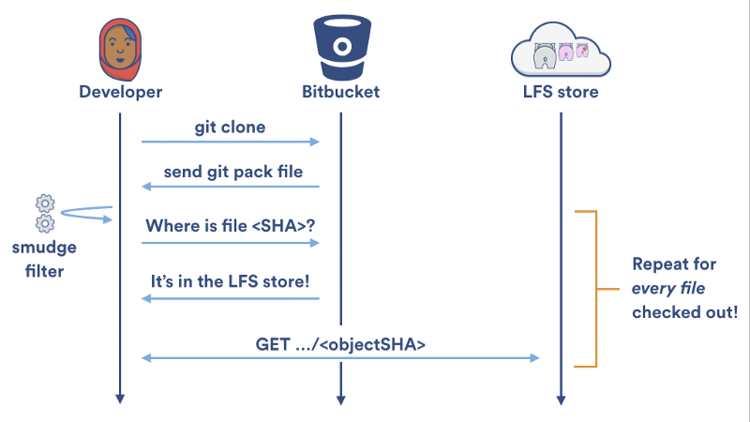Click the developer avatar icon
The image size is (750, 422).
click(x=120, y=48)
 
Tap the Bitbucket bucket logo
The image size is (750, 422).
click(x=339, y=47)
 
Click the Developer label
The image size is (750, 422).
click(x=120, y=92)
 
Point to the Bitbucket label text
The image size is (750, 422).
click(x=339, y=92)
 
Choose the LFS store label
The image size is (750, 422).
click(x=561, y=92)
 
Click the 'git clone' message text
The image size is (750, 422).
click(x=230, y=126)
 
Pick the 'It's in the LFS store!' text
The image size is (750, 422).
click(x=231, y=280)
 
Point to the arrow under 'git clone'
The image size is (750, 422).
click(x=231, y=142)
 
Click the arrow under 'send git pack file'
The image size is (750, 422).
click(x=231, y=188)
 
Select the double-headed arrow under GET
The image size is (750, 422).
click(x=340, y=357)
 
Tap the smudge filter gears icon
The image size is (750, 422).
click(x=43, y=213)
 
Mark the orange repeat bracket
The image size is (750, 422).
click(x=592, y=288)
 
